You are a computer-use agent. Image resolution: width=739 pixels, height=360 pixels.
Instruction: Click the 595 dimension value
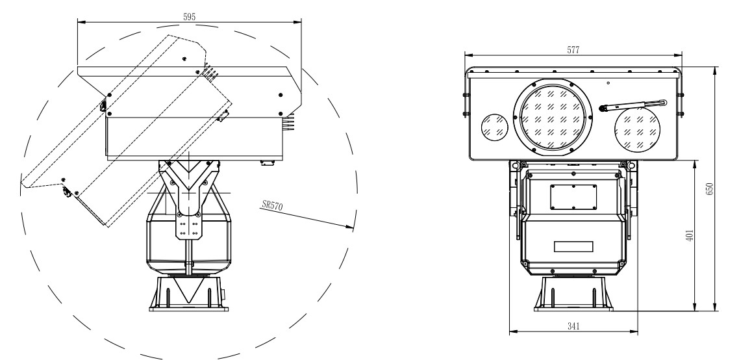[189, 16]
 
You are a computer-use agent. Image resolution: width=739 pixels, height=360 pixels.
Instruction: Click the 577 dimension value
[573, 50]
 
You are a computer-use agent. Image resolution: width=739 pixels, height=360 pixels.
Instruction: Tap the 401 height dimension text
[690, 235]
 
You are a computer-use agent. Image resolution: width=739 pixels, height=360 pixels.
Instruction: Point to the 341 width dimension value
[573, 326]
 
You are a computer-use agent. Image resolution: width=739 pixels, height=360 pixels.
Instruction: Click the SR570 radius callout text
[272, 205]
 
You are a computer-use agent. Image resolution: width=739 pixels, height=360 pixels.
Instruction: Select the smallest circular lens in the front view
[494, 127]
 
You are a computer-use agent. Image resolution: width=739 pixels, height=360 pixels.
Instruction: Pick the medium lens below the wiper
[637, 130]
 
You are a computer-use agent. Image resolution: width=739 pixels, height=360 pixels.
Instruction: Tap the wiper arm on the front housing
[633, 105]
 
